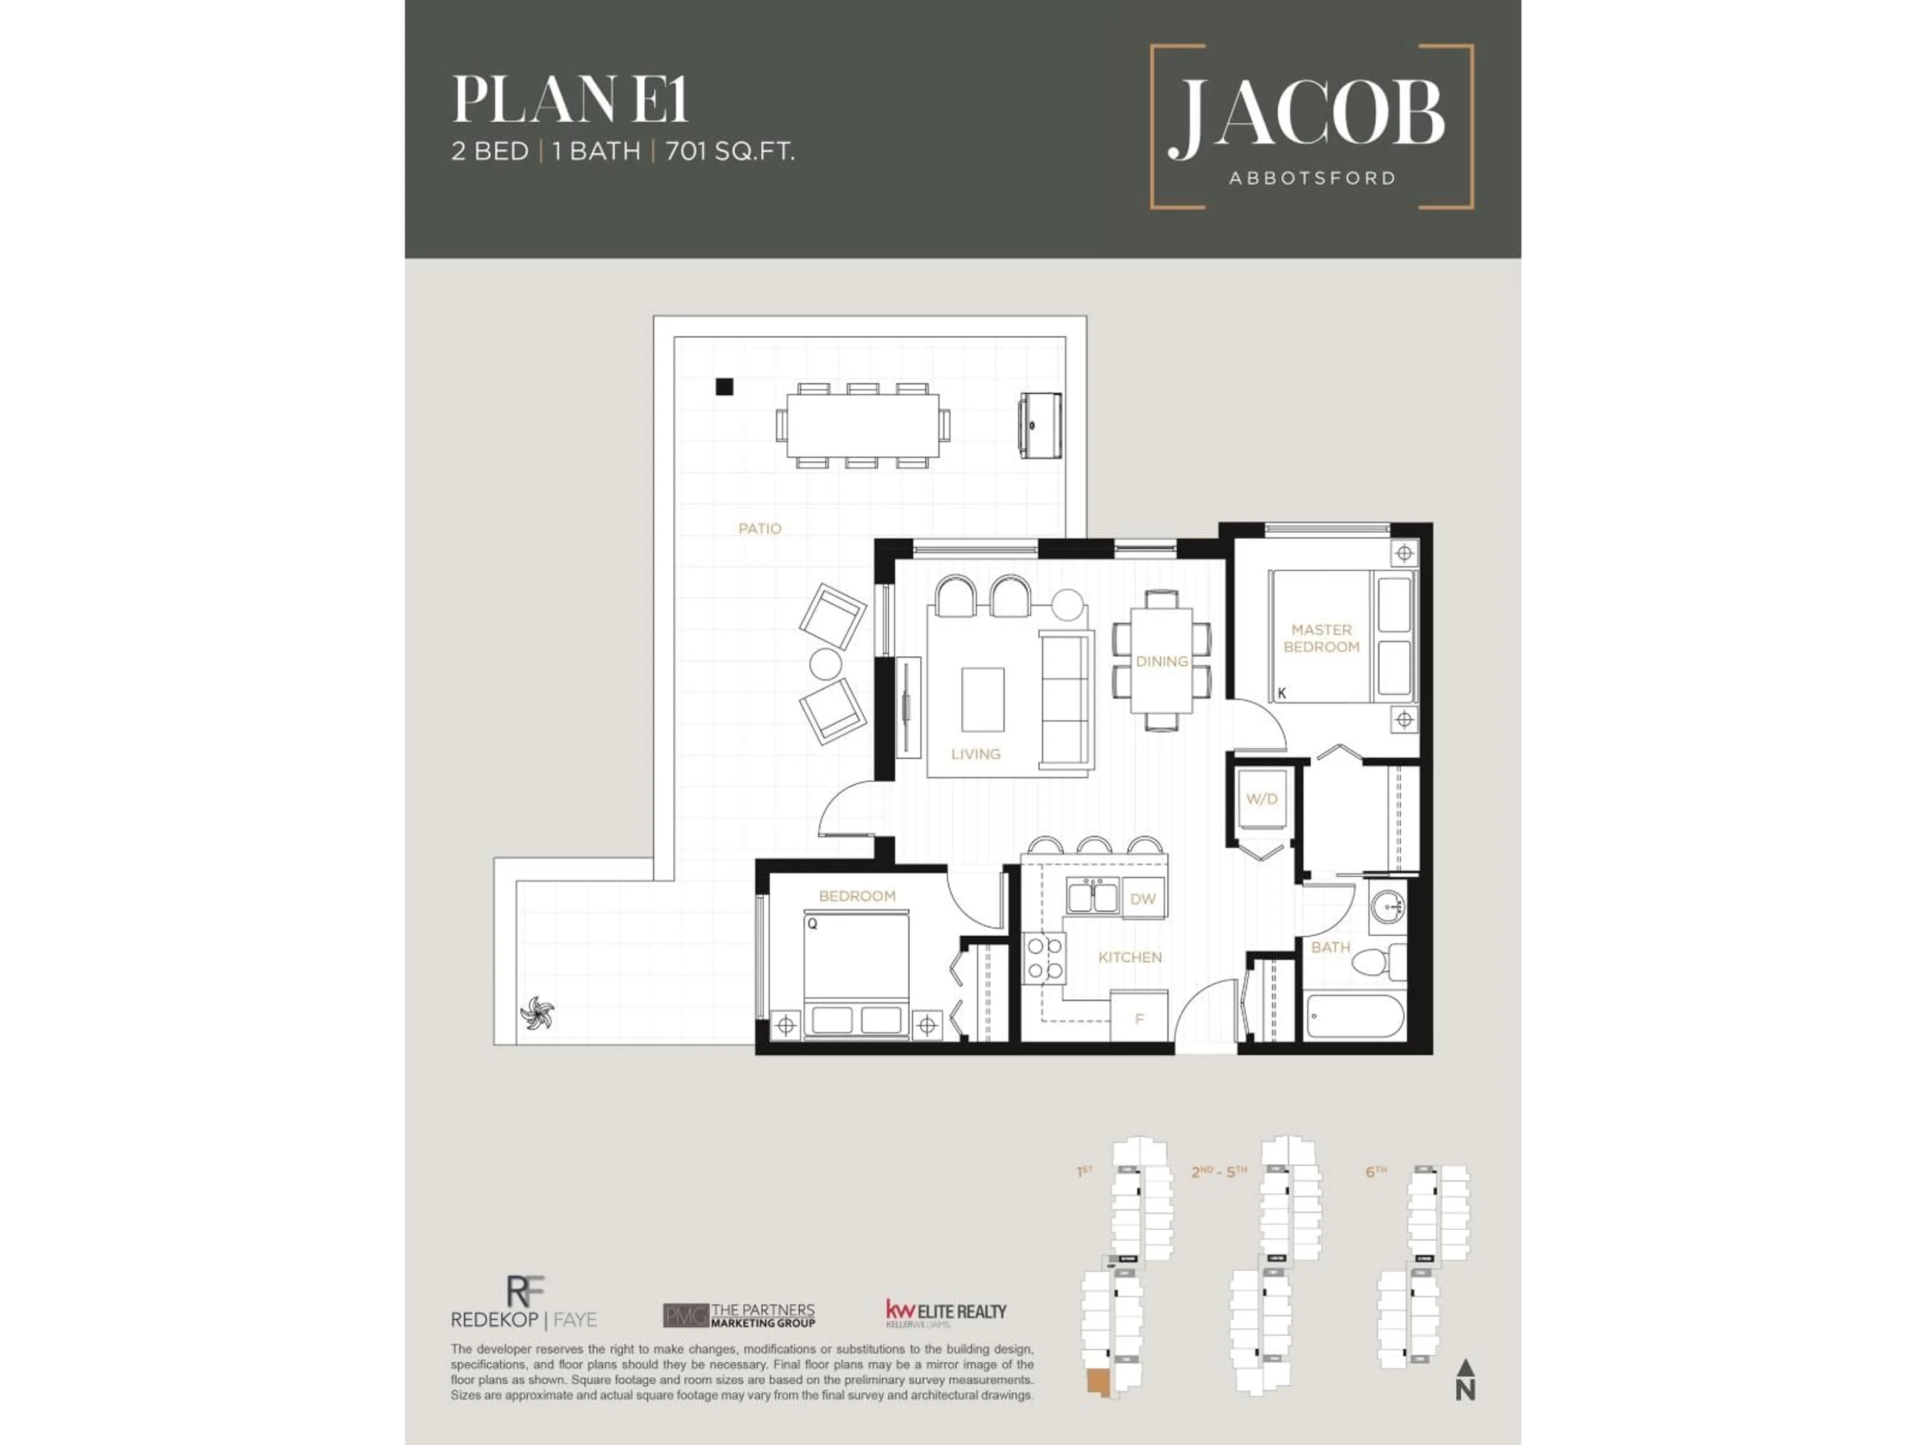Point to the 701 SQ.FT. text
pyautogui.click(x=730, y=152)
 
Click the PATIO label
pyautogui.click(x=760, y=529)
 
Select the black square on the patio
pyautogui.click(x=724, y=387)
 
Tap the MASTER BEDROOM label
pyautogui.click(x=1321, y=638)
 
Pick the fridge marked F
pyautogui.click(x=1139, y=1018)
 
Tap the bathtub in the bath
pyautogui.click(x=1354, y=1017)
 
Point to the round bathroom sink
pyautogui.click(x=1387, y=908)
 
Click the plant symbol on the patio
pyautogui.click(x=536, y=1013)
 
